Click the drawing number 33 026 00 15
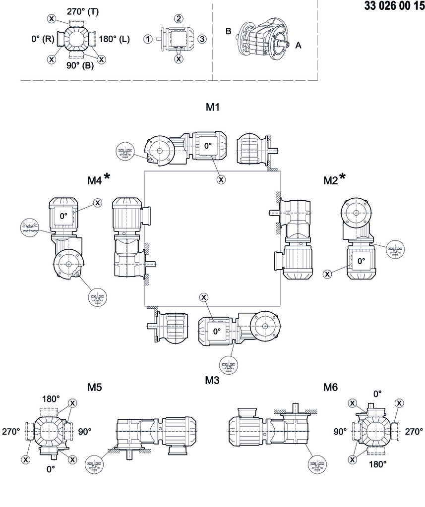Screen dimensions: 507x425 click(x=391, y=6)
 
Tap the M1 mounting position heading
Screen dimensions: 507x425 click(x=213, y=107)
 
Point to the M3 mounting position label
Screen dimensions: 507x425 click(x=212, y=380)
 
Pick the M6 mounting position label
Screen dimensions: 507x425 click(x=330, y=387)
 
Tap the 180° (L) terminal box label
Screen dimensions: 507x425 click(x=115, y=39)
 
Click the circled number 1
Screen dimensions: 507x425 click(x=148, y=39)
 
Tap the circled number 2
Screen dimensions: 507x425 click(x=179, y=18)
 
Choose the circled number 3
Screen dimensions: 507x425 click(x=202, y=39)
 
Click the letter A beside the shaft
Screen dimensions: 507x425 click(x=298, y=45)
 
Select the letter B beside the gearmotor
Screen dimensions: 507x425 click(x=229, y=31)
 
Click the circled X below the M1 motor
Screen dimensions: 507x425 click(x=221, y=179)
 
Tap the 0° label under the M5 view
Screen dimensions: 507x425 click(x=51, y=468)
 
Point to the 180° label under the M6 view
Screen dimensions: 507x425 click(x=378, y=464)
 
